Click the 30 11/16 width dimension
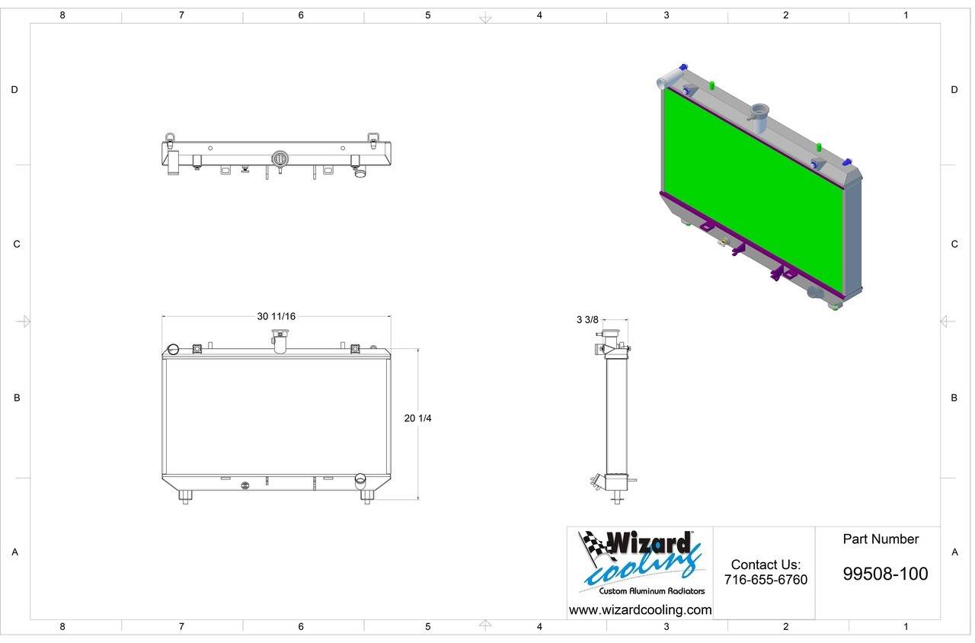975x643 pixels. tap(276, 316)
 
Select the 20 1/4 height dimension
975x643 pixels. tap(417, 418)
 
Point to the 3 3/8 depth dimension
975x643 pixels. tap(587, 320)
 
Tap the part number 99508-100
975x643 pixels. tap(885, 574)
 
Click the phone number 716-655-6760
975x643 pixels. tap(766, 580)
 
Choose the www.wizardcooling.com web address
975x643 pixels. tap(641, 610)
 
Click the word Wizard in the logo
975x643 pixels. tap(648, 542)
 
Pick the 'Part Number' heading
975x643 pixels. tap(881, 539)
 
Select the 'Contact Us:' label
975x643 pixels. tap(766, 565)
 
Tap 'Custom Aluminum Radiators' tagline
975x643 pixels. tap(651, 591)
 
